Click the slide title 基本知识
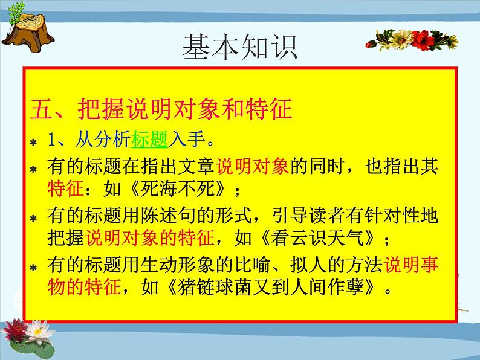(x=240, y=47)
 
